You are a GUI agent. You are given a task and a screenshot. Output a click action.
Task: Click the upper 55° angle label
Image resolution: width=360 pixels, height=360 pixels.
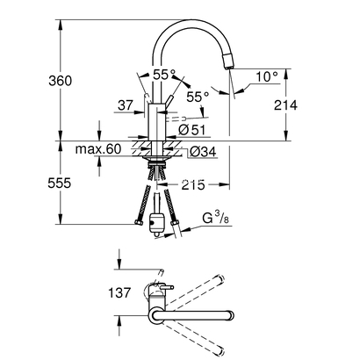163,76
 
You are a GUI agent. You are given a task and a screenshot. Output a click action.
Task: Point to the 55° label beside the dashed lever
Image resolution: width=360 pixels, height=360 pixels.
198,97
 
